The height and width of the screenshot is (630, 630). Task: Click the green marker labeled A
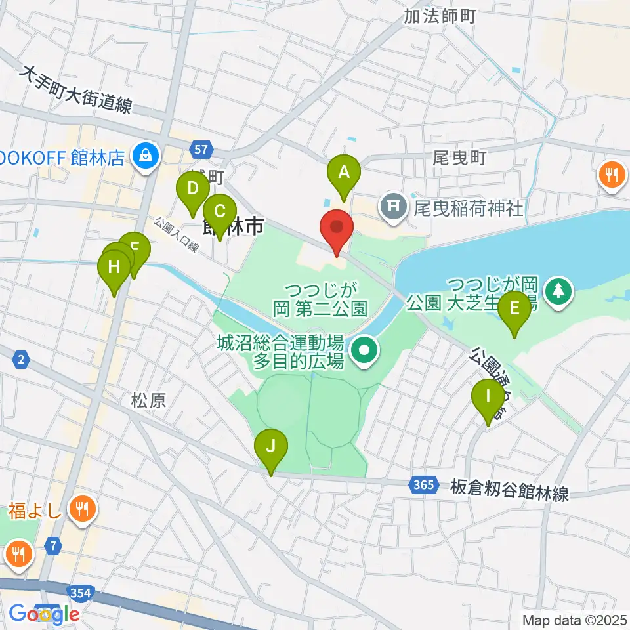pos(344,173)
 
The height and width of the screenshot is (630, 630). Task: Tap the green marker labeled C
pos(219,213)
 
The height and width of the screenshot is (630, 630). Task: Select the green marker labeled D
pos(192,190)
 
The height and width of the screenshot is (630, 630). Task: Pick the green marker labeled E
pos(514,309)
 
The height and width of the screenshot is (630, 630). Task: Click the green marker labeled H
pos(114,268)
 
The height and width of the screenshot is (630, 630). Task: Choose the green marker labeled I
pos(488,398)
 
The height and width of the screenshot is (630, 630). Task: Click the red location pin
pos(337,228)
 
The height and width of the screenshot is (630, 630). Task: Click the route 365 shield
pos(423,486)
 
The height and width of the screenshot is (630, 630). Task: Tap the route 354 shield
pos(81,594)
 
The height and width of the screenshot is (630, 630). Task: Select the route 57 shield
pos(203,149)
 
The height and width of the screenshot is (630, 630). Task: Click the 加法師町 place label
pos(440,15)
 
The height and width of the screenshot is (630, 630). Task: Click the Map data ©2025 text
pos(574,619)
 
